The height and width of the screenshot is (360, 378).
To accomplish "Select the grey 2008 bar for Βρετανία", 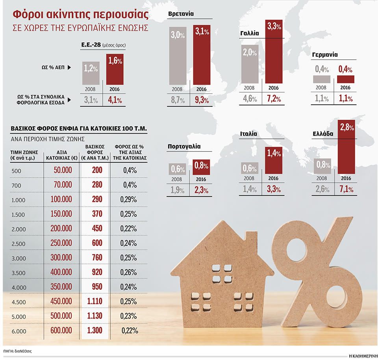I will tap(177, 55).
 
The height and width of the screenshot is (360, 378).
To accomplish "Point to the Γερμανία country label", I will tap(324, 55).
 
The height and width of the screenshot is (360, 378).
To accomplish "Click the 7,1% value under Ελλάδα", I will tap(346, 190).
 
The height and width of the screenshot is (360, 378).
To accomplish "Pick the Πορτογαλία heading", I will tap(184, 147).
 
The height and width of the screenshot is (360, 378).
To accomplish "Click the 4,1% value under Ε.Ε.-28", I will tap(115, 100).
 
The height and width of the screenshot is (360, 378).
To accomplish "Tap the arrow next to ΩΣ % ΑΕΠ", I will tap(69, 68).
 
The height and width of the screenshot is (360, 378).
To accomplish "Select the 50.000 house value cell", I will tap(61, 170).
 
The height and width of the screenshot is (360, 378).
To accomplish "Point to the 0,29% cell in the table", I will tap(129, 200).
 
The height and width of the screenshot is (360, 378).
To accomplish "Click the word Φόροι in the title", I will tap(29, 15).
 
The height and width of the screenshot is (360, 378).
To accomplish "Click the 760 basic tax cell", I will tap(94, 257).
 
